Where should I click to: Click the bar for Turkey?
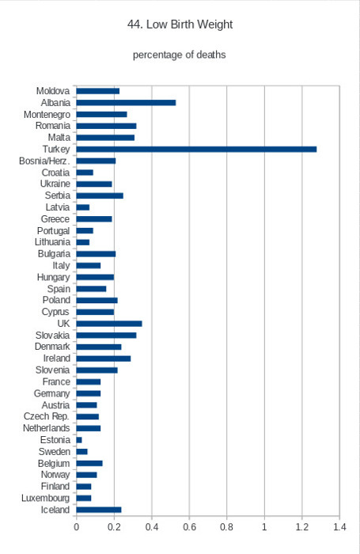point(196,149)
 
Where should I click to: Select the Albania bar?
point(126,103)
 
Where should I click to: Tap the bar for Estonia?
point(79,440)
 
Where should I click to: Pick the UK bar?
point(109,324)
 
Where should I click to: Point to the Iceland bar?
point(99,510)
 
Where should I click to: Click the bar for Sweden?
point(82,452)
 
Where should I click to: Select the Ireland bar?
point(104,359)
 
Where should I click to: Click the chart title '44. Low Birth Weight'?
point(180,25)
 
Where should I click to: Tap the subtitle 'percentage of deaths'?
point(180,55)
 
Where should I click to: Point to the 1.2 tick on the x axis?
point(302,527)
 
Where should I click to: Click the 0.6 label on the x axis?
point(189,527)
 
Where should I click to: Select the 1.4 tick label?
point(339,527)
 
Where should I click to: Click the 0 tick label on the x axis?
point(76,527)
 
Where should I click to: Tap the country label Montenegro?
point(47,115)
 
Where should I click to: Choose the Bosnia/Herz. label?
point(44,161)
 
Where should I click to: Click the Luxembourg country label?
point(46,498)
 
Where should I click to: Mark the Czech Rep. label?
point(47,416)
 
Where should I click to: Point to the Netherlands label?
point(46,428)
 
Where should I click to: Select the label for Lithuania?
point(52,242)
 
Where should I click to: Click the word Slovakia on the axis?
point(53,336)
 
